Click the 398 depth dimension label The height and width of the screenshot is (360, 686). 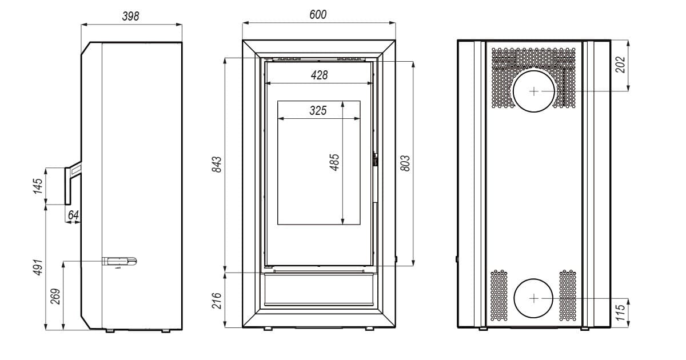[130, 16]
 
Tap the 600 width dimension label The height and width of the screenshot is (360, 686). [318, 14]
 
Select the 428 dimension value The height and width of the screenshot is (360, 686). [319, 75]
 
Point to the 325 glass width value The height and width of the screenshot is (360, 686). [318, 110]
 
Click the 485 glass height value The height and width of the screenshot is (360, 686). [334, 162]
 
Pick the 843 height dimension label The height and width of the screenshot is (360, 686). [217, 165]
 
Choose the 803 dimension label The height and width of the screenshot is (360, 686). [405, 163]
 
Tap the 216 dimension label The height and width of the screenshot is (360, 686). [217, 301]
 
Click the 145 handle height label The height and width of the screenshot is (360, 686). [38, 186]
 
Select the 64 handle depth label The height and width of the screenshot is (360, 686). [73, 215]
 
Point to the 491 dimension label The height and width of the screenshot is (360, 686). [38, 267]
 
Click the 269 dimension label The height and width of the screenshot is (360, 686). [55, 297]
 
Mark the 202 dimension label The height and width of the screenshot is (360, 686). [620, 65]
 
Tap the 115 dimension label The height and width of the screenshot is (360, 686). [620, 312]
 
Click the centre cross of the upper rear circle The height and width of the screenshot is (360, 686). [534, 91]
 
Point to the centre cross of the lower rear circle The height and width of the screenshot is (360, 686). [534, 298]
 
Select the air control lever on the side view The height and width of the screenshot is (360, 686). [119, 262]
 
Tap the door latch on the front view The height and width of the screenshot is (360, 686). [375, 159]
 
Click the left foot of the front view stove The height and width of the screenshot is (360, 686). [268, 329]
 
